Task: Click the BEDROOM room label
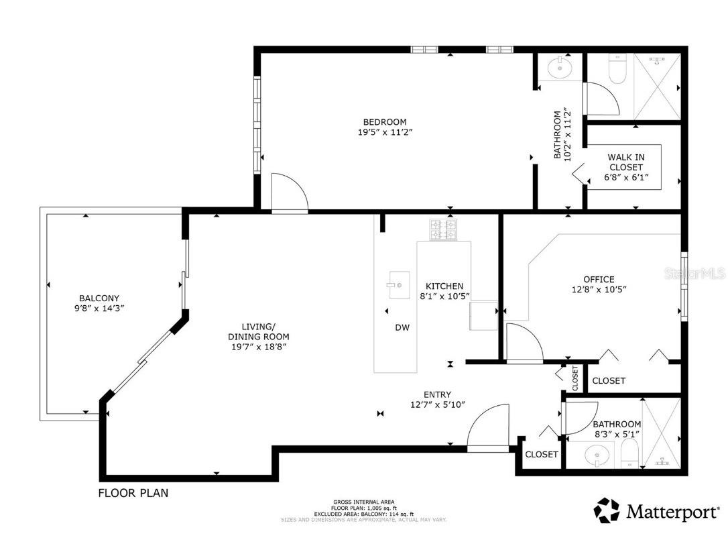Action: [x=385, y=121]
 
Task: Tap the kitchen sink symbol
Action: [x=398, y=286]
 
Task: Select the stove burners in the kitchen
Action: [x=442, y=229]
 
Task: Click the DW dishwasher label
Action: [x=402, y=327]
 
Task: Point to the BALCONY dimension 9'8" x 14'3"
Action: [x=99, y=309]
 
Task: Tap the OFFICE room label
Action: [x=598, y=279]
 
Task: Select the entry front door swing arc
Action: [x=487, y=427]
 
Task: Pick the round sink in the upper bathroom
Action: [x=557, y=67]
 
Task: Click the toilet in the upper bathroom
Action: [x=616, y=70]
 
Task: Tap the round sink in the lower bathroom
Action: [x=594, y=457]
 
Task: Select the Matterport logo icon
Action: [x=607, y=510]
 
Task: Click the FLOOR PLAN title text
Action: [x=133, y=493]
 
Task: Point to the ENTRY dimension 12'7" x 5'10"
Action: [x=438, y=404]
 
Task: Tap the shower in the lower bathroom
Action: [x=661, y=433]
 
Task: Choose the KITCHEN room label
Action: [x=444, y=286]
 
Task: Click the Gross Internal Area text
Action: [x=364, y=502]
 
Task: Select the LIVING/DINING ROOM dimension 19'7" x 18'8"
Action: [x=259, y=347]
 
